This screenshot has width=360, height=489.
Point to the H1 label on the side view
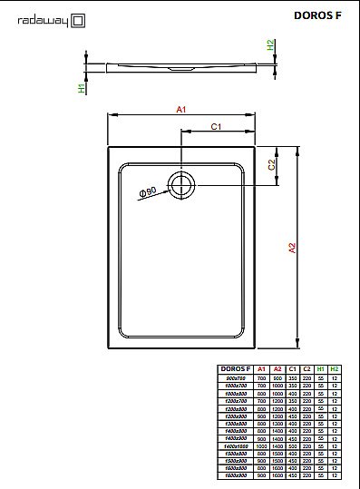83,89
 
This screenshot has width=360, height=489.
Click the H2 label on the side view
270,44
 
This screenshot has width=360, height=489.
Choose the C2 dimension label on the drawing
271,164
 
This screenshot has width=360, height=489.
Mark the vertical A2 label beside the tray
292,247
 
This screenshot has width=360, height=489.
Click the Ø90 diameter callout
148,192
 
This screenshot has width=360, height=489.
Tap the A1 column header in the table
262,369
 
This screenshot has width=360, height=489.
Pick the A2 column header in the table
278,369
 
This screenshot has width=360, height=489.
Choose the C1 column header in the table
292,369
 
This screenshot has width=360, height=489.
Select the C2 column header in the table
306,369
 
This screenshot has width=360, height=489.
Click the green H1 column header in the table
321,369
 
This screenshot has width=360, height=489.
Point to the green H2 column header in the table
335,369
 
